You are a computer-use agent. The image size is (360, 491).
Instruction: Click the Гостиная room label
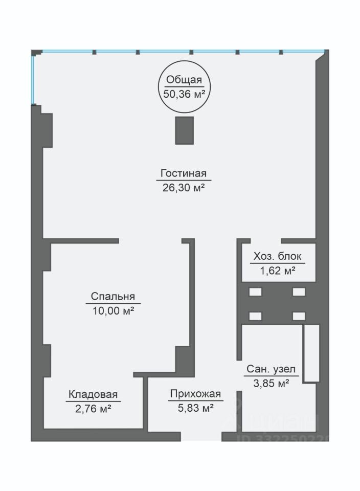[x=184, y=173]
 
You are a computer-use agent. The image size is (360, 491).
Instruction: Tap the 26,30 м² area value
[x=184, y=188]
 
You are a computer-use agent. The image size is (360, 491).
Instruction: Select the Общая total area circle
[x=185, y=86]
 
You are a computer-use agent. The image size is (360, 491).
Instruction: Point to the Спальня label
[x=113, y=296]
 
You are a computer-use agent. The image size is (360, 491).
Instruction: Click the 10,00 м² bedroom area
[x=114, y=310]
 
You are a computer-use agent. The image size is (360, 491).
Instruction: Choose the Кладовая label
[x=93, y=394]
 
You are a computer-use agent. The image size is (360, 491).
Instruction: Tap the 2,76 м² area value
[x=93, y=409]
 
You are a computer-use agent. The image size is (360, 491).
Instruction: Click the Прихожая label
[x=196, y=394]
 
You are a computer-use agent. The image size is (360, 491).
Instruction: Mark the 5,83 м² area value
[x=196, y=408]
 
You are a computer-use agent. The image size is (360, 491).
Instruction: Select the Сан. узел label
[x=271, y=369]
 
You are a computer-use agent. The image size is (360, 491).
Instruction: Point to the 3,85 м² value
[x=271, y=383]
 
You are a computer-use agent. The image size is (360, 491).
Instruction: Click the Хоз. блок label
[x=277, y=256]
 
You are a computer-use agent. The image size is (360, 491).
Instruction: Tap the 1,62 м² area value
[x=278, y=270]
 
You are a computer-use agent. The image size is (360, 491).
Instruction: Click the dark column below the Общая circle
[x=185, y=130]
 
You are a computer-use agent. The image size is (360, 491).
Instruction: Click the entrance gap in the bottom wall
[x=201, y=436]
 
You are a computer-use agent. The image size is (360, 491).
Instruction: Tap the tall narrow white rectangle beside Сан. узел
[x=312, y=353]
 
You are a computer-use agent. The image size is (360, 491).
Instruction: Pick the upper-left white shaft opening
[x=256, y=292]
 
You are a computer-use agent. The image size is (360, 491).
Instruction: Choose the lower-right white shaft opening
[x=299, y=316]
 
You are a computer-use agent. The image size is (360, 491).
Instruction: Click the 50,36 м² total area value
[x=185, y=94]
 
